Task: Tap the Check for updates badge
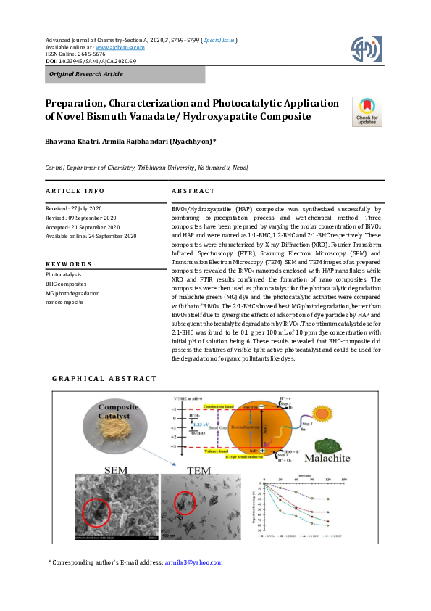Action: [366, 112]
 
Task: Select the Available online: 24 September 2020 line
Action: [91, 237]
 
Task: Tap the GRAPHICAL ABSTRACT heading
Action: [104, 379]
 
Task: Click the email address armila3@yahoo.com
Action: [193, 562]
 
